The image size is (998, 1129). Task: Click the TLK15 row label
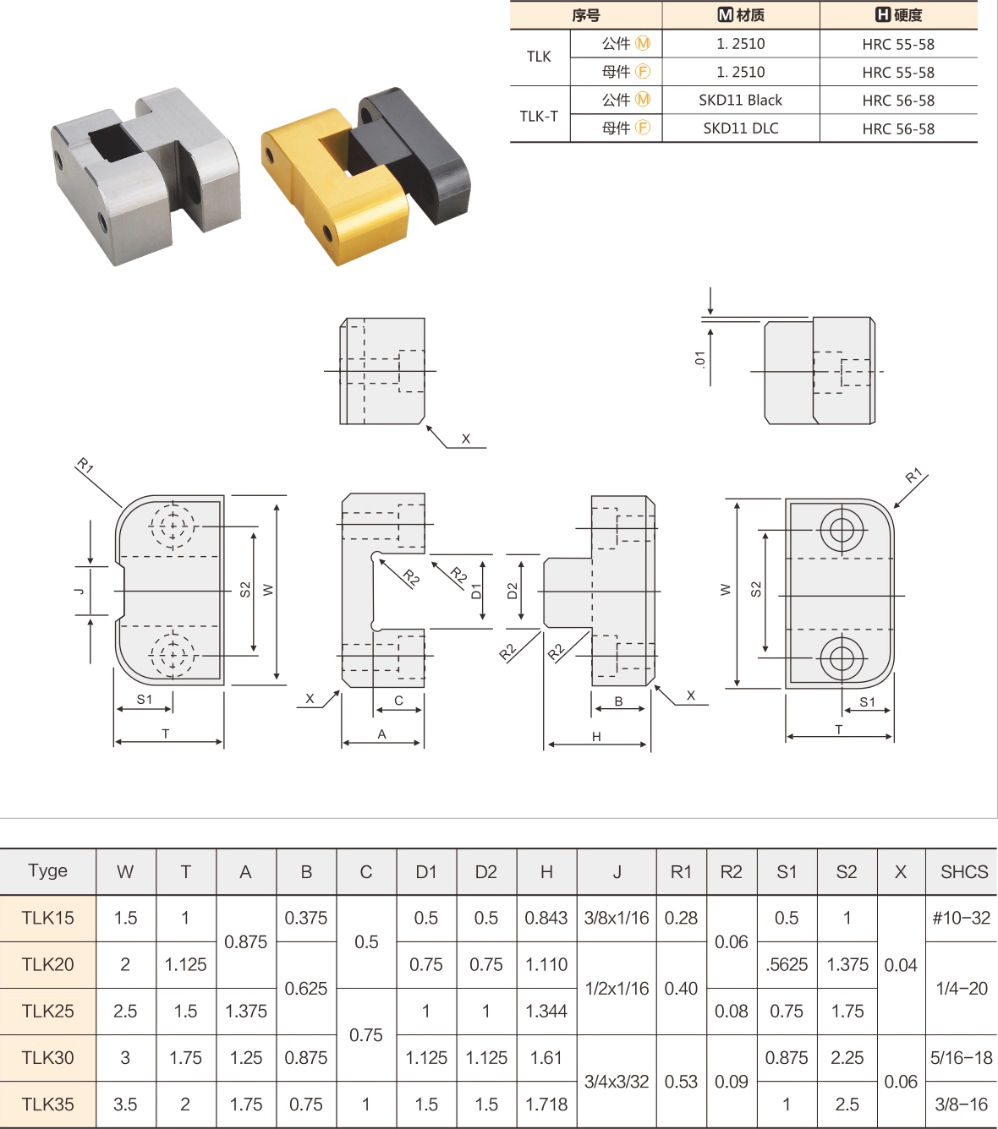point(47,918)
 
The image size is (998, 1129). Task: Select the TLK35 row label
point(47,1104)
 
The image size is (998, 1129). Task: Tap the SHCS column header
point(963,871)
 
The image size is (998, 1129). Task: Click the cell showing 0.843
point(546,918)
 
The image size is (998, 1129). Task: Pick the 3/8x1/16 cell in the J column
point(617,918)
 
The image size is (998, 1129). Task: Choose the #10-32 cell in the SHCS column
point(962,918)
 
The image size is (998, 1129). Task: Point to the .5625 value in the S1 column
point(787,964)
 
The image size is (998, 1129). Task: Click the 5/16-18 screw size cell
point(962,1057)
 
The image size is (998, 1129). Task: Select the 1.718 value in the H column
point(546,1104)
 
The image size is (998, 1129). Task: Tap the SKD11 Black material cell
point(740,100)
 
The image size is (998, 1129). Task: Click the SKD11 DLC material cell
point(740,128)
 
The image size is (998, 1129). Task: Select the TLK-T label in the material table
point(539,116)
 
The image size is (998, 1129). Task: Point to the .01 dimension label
point(699,358)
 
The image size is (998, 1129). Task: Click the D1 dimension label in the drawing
point(476,591)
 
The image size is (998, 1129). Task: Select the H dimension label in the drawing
point(596,736)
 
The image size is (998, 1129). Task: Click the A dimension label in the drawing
point(381,734)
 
